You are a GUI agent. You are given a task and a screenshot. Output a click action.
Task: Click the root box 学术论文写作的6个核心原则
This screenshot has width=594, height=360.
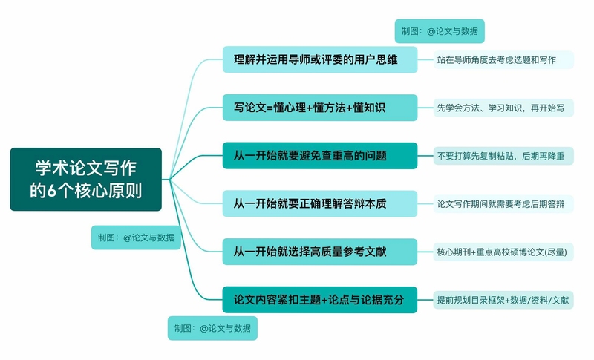[x=86, y=179]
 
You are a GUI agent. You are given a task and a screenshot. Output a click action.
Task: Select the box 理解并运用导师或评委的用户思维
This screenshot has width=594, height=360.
[x=320, y=59]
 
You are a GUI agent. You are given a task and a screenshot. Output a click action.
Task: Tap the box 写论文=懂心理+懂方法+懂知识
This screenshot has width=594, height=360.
[x=320, y=108]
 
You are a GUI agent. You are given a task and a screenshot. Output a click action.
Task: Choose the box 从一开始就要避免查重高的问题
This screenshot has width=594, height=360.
[x=320, y=156]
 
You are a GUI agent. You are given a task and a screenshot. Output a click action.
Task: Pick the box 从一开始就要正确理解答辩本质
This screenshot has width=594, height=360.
[x=320, y=203]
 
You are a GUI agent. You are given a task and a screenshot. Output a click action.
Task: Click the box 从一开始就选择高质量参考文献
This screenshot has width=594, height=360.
[x=320, y=252]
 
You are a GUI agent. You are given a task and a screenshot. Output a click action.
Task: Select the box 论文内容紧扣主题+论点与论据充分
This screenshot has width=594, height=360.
[x=320, y=300]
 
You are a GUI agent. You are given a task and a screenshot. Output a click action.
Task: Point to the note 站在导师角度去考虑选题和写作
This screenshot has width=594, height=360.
[x=503, y=60]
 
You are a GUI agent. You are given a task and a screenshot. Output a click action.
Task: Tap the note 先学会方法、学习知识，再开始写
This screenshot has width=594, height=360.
[x=503, y=108]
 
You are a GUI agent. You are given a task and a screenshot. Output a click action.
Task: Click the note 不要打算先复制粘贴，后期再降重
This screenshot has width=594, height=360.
[x=503, y=156]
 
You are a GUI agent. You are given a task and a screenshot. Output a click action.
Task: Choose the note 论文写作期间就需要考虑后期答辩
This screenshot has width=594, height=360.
[x=503, y=204]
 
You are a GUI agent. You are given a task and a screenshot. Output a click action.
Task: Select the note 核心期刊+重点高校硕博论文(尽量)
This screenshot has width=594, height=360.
[x=503, y=252]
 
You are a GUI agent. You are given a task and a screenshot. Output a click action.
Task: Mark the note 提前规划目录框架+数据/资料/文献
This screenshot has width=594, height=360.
[x=503, y=300]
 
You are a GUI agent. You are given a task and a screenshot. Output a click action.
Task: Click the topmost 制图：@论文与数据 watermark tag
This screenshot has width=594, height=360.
[x=440, y=31]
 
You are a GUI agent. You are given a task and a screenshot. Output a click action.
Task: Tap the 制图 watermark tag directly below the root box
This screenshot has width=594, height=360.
[x=136, y=238]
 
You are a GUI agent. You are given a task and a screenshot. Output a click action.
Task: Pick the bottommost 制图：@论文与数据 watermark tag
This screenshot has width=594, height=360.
[x=212, y=328]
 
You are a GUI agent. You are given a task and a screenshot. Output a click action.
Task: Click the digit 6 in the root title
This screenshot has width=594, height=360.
[x=52, y=191]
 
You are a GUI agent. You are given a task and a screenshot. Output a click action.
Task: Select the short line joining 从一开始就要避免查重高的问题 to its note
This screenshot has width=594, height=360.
[x=425, y=156]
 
